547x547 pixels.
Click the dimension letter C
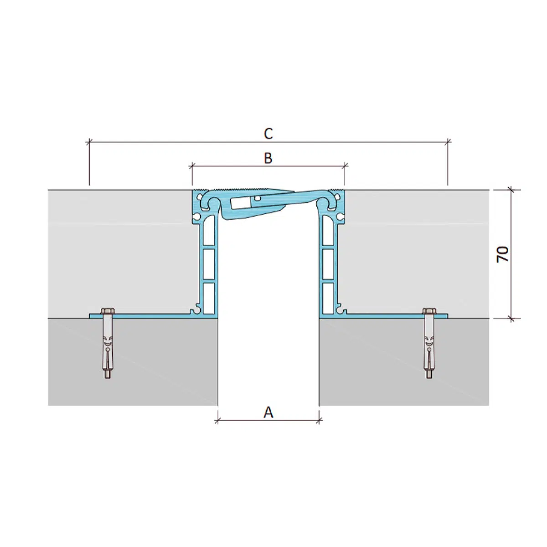[x=268, y=134]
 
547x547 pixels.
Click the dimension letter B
[x=268, y=158]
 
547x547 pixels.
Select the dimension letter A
[x=268, y=413]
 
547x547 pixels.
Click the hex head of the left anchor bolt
[x=108, y=311]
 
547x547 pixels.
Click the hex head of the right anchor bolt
[x=429, y=311]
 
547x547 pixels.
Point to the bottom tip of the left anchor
[x=107, y=378]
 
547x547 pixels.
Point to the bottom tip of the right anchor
[x=429, y=378]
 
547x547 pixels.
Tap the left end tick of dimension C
[x=89, y=141]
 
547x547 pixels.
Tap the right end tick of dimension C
[x=448, y=141]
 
